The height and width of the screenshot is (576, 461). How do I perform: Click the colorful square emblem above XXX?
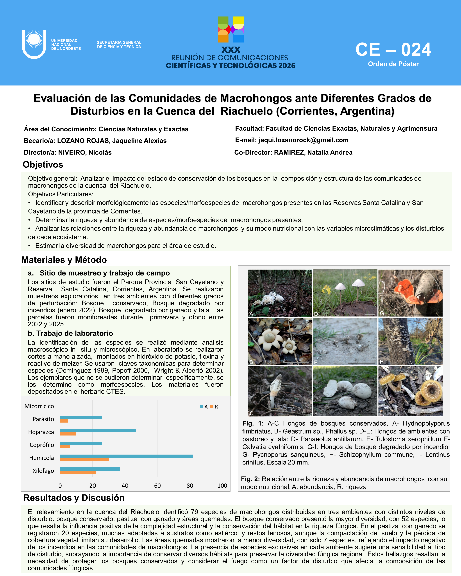[x=231, y=29]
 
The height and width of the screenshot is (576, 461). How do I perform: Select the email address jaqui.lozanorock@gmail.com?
[x=303, y=140]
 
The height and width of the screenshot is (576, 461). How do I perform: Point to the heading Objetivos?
[x=43, y=165]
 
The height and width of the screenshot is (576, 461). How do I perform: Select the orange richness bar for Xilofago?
[x=78, y=473]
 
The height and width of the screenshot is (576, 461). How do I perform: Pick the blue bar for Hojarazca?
[x=98, y=430]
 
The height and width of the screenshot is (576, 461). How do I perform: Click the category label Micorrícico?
[x=39, y=406]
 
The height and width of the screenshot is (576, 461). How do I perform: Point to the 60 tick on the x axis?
[x=157, y=486]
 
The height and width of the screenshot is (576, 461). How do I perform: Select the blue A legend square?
[x=201, y=407]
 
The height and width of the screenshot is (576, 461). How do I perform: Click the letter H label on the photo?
[x=382, y=362]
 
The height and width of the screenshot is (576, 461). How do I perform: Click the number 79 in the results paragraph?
[x=194, y=512]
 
